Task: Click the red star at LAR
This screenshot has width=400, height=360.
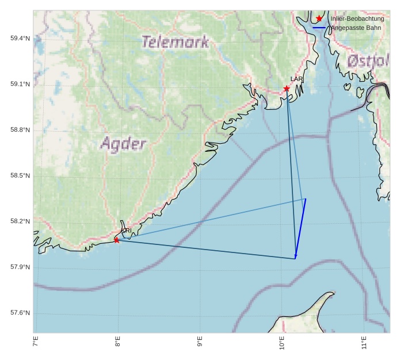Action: (287, 89)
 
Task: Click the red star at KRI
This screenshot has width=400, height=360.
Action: (117, 240)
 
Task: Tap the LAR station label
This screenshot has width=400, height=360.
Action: (296, 79)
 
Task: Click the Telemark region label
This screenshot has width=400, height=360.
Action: (175, 41)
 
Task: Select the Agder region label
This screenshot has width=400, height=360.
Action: (123, 143)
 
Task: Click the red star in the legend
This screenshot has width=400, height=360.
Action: (319, 19)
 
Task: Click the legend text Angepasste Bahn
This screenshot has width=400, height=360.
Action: (356, 28)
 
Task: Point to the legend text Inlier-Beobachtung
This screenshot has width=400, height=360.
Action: (357, 19)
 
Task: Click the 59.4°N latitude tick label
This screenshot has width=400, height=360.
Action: (20, 39)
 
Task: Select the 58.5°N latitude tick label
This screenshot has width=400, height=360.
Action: (20, 176)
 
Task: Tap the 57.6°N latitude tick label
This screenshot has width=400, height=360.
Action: (20, 313)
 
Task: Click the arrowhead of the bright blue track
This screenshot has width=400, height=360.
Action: (296, 257)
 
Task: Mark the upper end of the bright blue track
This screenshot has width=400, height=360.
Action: (306, 199)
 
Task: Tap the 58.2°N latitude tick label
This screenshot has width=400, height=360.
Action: (20, 221)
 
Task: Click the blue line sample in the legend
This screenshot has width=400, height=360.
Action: (319, 28)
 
